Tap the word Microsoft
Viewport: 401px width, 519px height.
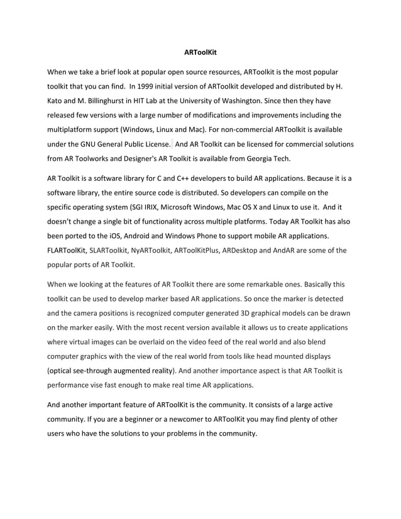184,208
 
